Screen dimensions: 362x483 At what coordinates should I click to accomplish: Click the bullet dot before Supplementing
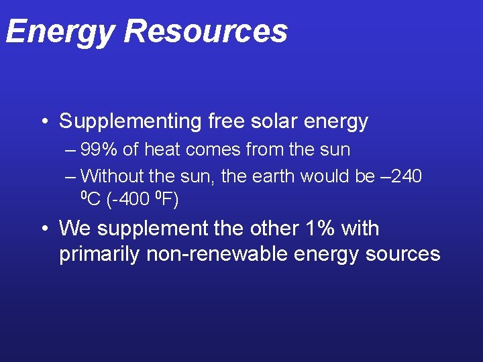pos(42,122)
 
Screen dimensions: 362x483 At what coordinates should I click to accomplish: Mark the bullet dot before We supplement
pos(42,229)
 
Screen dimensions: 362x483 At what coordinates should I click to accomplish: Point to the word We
pos(74,229)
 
